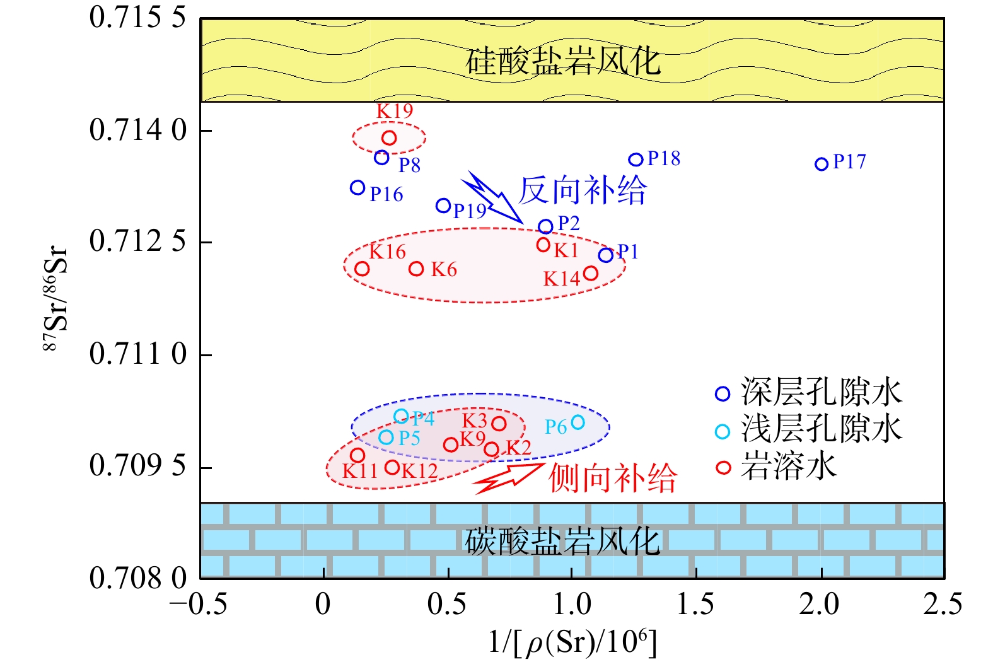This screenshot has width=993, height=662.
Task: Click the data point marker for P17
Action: pos(821,164)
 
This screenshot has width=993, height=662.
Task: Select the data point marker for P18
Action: pos(636,160)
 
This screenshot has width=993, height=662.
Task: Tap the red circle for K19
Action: pos(389,137)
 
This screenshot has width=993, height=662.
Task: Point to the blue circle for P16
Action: pos(357,187)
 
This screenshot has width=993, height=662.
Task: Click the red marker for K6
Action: pos(416,269)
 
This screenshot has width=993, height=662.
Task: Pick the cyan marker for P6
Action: pos(578,422)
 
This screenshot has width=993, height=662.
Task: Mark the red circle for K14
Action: pos(590,273)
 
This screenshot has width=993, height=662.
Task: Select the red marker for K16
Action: pos(362,269)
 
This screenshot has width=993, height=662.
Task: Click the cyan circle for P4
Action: pos(401,416)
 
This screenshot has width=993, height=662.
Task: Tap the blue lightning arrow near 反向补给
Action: pos(492,198)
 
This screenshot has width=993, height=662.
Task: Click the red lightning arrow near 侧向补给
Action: pos(508,478)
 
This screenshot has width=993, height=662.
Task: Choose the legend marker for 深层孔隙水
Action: pos(723,394)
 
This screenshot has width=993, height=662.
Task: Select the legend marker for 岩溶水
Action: pos(723,467)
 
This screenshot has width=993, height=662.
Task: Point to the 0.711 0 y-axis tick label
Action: pos(138,354)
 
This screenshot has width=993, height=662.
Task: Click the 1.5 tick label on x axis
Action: pos(695,605)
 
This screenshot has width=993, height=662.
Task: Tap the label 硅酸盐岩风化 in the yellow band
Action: pos(562,61)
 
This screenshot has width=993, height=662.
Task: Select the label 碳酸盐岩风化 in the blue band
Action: pos(562,541)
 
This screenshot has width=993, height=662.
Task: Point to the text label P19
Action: pos(470,211)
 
